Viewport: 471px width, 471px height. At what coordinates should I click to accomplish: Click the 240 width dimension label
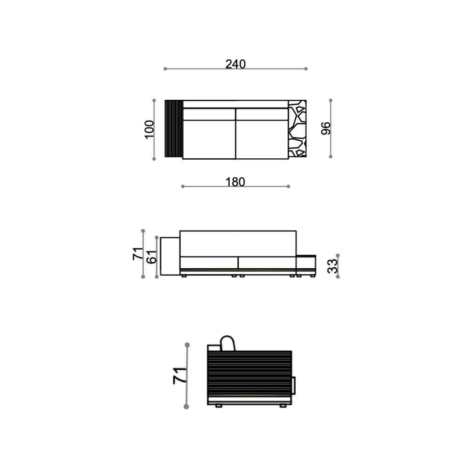[235, 64]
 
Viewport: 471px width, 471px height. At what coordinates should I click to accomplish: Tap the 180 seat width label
[235, 182]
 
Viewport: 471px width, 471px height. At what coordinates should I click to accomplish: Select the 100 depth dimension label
[149, 129]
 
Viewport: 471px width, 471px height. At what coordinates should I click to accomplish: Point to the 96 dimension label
[326, 129]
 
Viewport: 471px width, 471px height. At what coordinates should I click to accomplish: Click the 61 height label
[152, 257]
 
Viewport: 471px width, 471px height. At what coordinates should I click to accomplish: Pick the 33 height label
[333, 266]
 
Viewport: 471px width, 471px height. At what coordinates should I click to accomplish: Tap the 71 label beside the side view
[180, 375]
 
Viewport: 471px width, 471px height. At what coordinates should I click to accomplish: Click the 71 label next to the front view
[138, 253]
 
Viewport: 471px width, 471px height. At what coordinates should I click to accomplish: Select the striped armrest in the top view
[174, 129]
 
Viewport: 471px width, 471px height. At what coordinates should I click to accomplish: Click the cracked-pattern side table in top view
[298, 129]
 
